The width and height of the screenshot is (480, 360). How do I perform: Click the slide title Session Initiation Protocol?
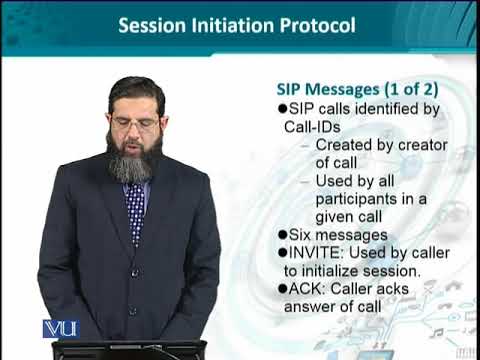click(236, 24)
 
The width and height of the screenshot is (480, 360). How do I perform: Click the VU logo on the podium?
click(60, 328)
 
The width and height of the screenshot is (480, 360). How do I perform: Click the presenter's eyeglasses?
click(134, 123)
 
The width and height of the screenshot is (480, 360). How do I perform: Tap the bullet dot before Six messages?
click(279, 235)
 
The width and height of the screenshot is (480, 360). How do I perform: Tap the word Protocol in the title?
click(312, 24)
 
